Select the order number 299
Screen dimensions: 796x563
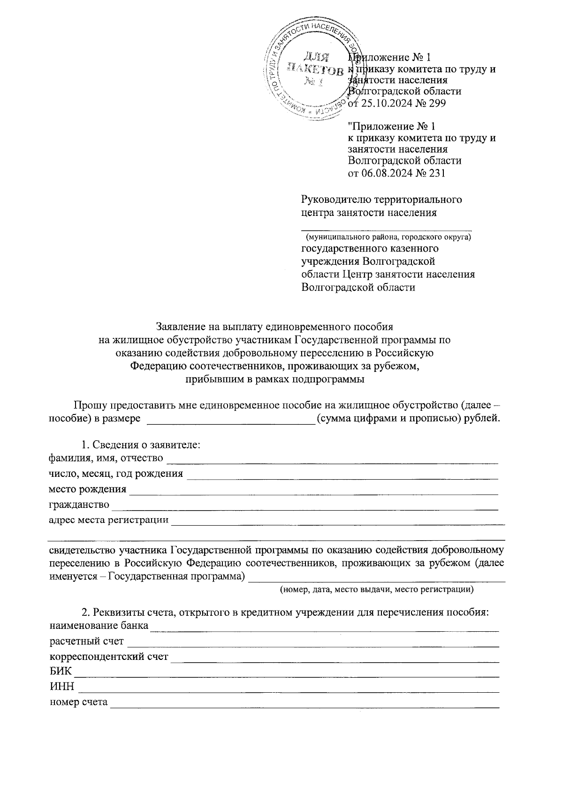point(437,103)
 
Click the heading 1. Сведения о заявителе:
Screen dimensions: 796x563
point(141,445)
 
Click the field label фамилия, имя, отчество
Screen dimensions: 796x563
point(107,458)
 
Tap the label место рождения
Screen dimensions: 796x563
point(88,489)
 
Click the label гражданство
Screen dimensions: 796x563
point(79,505)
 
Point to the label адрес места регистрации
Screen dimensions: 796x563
point(109,520)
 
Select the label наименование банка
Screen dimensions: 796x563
point(99,626)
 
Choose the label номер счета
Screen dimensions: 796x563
point(79,703)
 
